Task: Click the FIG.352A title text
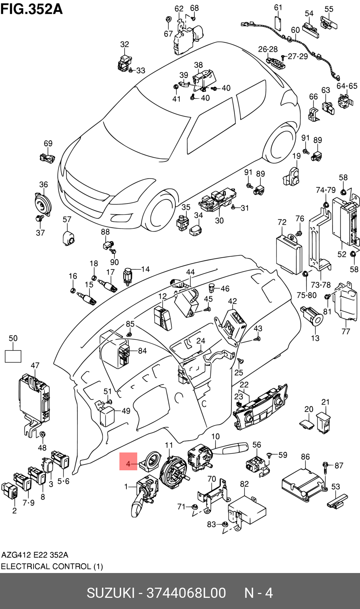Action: point(31,9)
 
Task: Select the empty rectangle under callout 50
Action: point(13,356)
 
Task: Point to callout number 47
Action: point(35,365)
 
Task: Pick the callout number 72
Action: point(282,222)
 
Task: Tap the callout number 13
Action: point(315,338)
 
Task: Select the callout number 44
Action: point(190,272)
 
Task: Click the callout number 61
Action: point(278,7)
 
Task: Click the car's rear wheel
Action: point(281,147)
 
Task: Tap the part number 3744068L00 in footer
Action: point(186,593)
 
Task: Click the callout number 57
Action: point(67,219)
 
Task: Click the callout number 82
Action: point(244,484)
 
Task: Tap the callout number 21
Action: point(325,402)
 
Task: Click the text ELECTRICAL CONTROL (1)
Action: point(52,566)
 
